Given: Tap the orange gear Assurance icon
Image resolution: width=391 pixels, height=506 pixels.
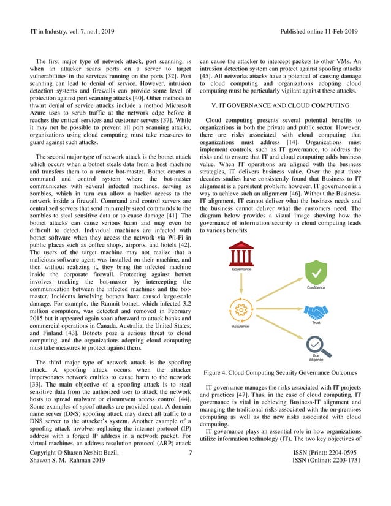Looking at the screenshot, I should [x=240, y=311].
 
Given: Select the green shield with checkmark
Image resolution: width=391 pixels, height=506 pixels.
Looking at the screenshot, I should [x=316, y=273].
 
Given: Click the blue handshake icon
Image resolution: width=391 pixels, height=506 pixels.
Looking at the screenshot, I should [x=316, y=312].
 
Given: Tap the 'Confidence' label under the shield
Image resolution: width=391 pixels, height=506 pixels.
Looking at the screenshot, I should [x=316, y=287].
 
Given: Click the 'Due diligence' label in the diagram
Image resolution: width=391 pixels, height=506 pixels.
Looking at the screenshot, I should [x=316, y=358].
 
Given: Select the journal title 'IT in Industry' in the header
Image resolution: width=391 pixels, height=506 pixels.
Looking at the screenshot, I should [x=49, y=31].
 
